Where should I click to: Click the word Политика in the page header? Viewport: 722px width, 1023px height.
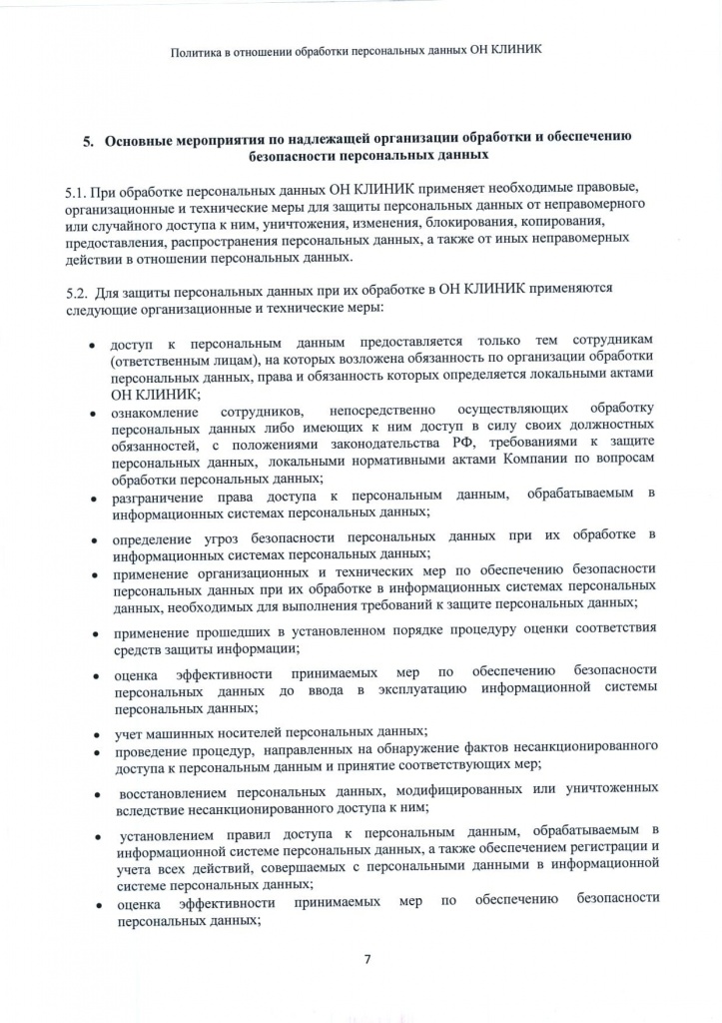pyautogui.click(x=198, y=50)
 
